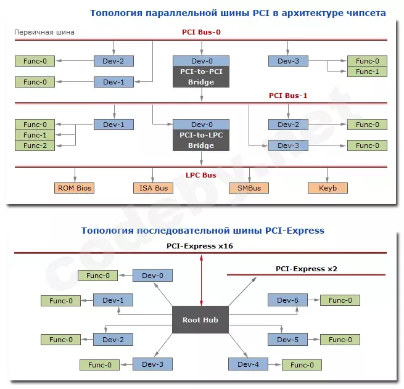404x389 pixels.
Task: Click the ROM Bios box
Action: [x=75, y=188]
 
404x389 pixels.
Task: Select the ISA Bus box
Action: [x=153, y=188]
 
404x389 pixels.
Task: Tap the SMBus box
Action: [x=249, y=188]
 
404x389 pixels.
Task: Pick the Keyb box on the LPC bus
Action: [x=328, y=188]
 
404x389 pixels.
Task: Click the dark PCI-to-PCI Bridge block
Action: [x=202, y=76]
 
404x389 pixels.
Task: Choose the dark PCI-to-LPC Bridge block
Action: [x=202, y=141]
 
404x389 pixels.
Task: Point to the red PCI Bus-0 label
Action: [x=202, y=31]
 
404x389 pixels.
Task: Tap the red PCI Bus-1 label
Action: [x=287, y=96]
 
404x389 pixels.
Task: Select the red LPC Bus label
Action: [x=201, y=175]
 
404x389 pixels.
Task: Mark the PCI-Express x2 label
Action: [x=306, y=269]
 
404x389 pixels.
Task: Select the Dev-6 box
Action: [x=287, y=300]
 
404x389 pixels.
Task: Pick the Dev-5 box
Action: [x=287, y=340]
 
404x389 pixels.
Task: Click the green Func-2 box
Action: [x=35, y=145]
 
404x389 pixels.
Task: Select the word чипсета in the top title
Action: [x=364, y=12]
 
